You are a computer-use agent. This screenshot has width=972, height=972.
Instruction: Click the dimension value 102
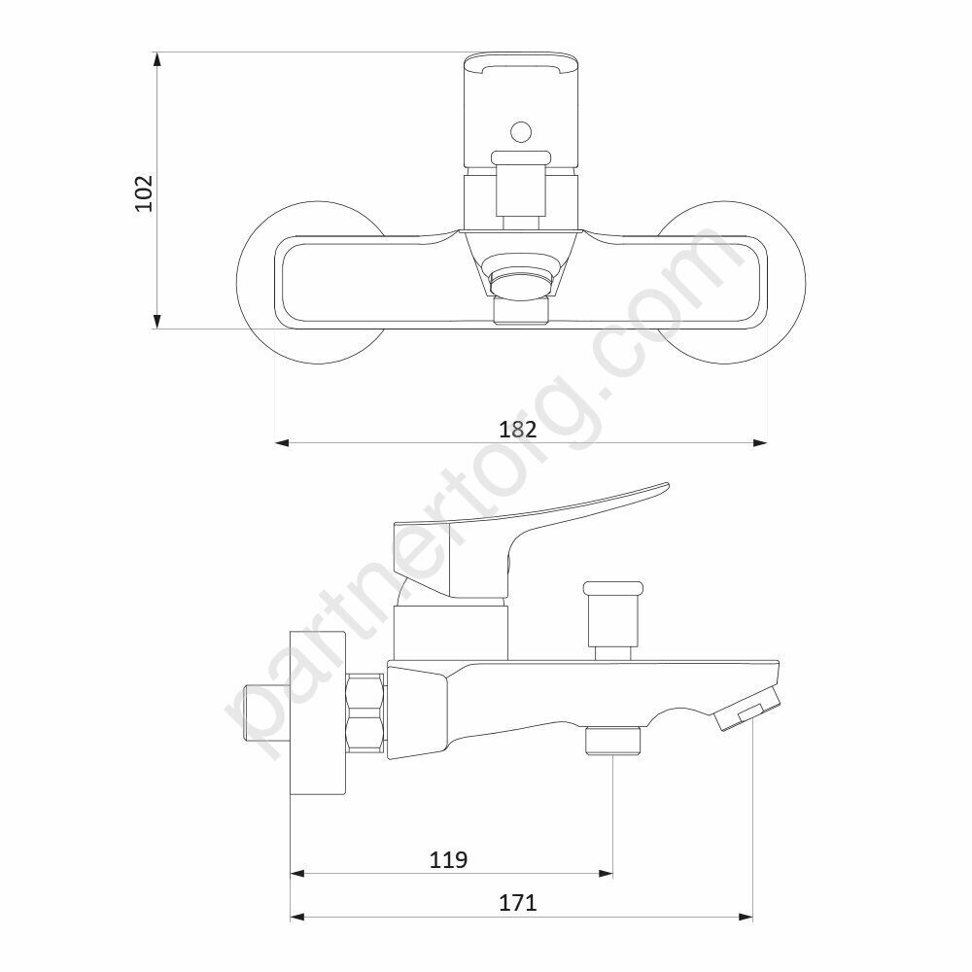[144, 192]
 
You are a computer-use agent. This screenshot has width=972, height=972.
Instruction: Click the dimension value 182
[518, 429]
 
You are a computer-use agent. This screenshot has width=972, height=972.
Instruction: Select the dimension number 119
[448, 860]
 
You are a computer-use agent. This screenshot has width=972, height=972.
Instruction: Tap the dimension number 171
[518, 903]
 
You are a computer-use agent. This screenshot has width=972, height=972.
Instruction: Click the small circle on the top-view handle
[521, 131]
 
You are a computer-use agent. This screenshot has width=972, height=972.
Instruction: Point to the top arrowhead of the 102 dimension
[157, 59]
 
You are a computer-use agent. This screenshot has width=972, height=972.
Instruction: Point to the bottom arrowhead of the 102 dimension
[157, 321]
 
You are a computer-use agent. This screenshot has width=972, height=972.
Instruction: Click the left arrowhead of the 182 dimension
[283, 442]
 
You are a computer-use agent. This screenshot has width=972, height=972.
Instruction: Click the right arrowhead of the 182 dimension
[760, 442]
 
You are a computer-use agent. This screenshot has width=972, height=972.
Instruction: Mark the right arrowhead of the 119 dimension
[606, 874]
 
